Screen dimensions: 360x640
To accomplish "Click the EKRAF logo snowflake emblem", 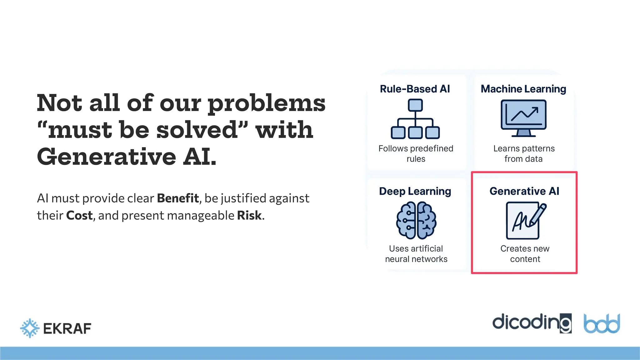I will (30, 328).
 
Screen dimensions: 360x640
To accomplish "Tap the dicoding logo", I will (532, 323).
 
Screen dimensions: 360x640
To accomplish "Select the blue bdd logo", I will (602, 324).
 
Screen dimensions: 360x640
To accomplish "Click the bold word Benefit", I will (178, 198).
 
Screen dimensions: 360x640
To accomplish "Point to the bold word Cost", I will (79, 215).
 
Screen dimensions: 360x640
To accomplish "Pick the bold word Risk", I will (249, 215).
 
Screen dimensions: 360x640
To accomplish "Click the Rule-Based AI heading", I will (415, 89).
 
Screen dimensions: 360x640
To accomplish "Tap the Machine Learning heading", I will (523, 89).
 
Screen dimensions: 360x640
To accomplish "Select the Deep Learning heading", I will (415, 191).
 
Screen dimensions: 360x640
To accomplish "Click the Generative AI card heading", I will (524, 191).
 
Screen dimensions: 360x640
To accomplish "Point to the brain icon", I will (416, 220).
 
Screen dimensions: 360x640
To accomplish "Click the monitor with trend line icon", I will (523, 118).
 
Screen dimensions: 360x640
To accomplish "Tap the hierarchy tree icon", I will (415, 119).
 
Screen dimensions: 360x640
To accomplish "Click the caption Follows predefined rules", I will (416, 153).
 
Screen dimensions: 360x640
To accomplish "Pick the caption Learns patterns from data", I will (524, 153).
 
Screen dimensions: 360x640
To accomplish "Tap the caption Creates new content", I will (525, 254).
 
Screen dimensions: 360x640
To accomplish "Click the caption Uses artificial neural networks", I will (416, 254).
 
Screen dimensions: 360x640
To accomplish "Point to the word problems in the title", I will (267, 104).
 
